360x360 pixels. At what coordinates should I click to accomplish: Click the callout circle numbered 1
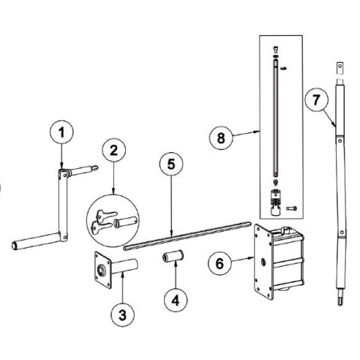[61, 132]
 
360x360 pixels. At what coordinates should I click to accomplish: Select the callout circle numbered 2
[114, 151]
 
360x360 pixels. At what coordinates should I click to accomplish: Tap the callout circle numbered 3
[123, 315]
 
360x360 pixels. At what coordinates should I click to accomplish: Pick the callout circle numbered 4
[175, 300]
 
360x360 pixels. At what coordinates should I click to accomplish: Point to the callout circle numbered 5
[171, 164]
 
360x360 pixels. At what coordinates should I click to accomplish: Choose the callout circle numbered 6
[220, 264]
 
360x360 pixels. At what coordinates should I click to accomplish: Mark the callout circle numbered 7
[316, 100]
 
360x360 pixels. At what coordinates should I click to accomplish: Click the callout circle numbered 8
[221, 138]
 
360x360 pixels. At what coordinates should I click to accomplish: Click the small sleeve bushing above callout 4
[174, 256]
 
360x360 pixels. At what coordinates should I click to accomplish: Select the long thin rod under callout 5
[187, 236]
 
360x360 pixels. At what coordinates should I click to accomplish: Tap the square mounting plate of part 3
[103, 270]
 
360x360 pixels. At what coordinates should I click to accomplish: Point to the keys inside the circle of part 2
[104, 222]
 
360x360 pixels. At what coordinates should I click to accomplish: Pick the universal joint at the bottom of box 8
[276, 202]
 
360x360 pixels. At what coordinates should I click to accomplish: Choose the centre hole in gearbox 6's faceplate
[264, 262]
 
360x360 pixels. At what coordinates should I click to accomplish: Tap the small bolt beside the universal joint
[292, 209]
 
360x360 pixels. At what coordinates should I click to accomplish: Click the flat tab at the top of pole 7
[340, 68]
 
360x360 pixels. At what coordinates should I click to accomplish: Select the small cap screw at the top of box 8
[276, 49]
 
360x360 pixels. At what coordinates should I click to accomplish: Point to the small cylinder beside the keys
[126, 221]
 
